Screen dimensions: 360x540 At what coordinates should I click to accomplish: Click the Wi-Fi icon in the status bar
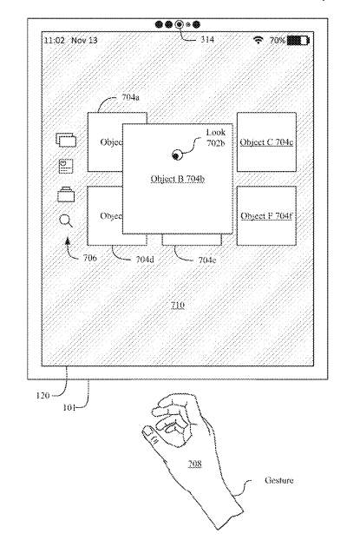point(258,40)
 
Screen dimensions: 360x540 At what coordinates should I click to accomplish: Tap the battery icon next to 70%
point(298,40)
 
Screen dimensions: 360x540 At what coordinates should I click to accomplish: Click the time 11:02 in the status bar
point(54,40)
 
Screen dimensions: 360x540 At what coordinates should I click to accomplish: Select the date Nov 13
point(84,40)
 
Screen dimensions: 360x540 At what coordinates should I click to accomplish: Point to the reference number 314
point(207,39)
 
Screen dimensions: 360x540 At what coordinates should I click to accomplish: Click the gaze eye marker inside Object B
point(177,155)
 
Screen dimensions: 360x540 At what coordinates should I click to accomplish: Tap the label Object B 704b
point(178,179)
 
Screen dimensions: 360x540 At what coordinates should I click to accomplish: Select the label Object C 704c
point(266,142)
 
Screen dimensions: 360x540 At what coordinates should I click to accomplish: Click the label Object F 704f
point(266,216)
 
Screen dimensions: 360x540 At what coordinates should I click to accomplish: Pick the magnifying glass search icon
point(66,221)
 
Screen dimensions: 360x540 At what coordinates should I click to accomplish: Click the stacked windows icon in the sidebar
point(66,140)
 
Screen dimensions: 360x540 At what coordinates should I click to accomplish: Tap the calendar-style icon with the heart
point(66,166)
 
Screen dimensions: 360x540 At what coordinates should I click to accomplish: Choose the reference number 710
point(178,305)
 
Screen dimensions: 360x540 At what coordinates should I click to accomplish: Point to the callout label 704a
point(130,97)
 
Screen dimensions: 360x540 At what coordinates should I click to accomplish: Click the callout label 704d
point(145,259)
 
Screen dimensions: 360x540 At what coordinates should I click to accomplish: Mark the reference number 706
point(90,258)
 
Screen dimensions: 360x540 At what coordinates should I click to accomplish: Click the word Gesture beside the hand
point(279,480)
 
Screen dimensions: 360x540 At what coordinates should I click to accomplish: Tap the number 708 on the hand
point(194,464)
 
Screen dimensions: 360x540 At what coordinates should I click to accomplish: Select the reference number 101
point(69,407)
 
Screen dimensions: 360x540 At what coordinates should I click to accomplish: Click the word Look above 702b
point(216,132)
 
